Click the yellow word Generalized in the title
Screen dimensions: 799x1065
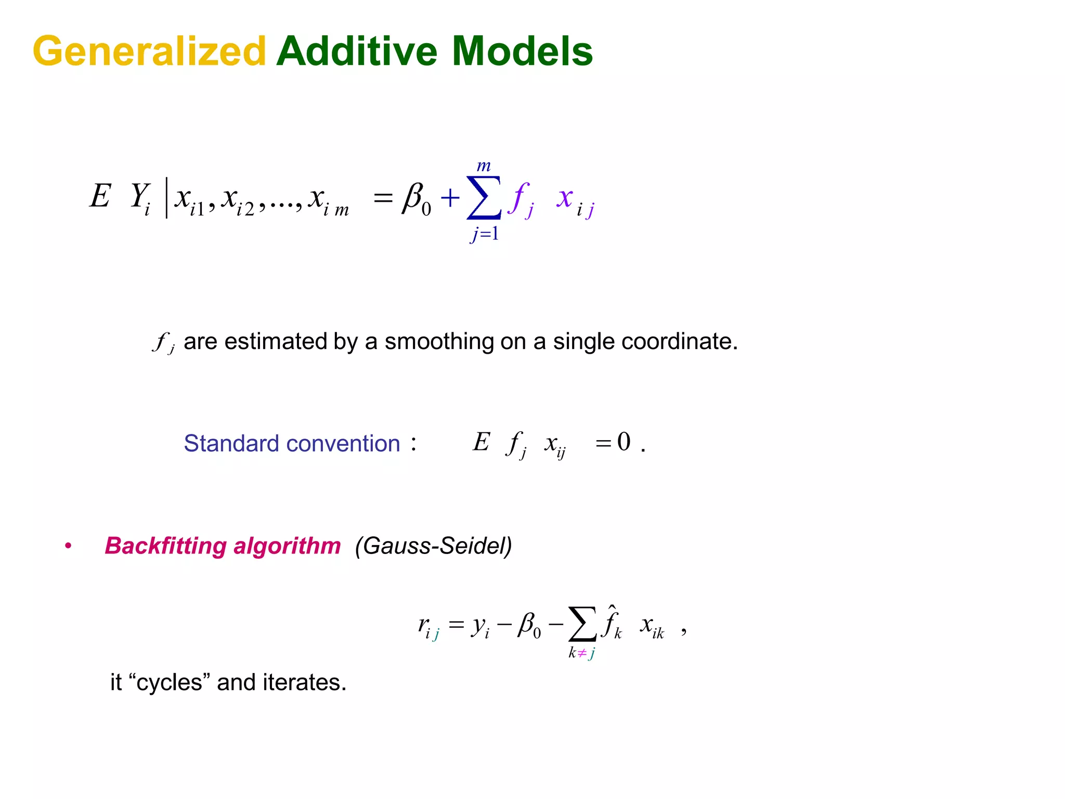149,51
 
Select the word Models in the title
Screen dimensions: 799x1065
522,51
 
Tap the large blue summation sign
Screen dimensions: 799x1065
484,198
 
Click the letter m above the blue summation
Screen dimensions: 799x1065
484,166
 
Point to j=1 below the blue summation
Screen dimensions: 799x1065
485,234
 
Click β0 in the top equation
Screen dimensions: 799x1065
417,199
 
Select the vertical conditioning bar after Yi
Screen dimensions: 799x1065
166,198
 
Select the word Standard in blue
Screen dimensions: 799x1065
231,443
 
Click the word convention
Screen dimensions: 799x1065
343,443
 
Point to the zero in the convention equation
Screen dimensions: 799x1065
624,442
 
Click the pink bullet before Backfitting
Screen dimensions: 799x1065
68,546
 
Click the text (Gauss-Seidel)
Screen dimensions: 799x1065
433,546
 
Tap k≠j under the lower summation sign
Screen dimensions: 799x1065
581,653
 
